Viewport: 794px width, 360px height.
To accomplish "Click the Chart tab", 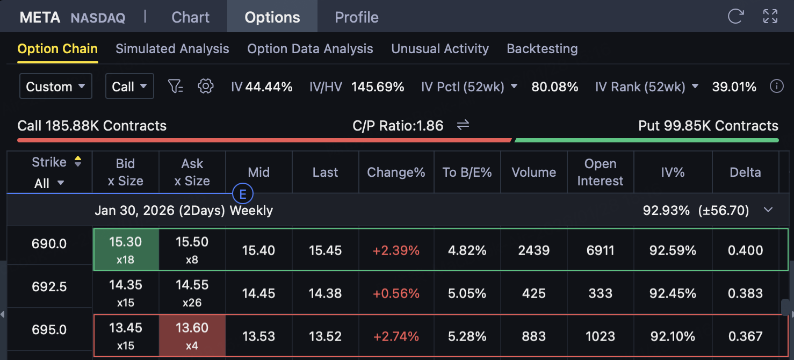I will [x=190, y=17].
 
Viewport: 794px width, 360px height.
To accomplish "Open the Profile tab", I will [x=356, y=17].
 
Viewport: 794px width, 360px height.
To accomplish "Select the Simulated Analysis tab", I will [x=172, y=49].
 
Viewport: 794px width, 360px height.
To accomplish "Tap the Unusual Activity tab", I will [x=439, y=49].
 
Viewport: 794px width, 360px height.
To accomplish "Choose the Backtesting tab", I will [x=542, y=49].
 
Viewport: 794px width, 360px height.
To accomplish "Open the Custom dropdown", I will [x=55, y=87].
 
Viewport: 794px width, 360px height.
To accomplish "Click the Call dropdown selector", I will [x=129, y=87].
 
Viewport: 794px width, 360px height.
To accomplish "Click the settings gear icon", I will [x=206, y=87].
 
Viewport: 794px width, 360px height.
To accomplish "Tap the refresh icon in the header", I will [x=735, y=17].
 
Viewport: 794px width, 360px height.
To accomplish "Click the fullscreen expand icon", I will [x=770, y=17].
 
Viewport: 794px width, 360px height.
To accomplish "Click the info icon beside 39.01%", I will [x=776, y=87].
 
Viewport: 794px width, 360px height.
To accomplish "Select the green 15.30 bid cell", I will [x=126, y=250].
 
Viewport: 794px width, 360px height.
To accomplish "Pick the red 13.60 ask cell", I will [x=192, y=336].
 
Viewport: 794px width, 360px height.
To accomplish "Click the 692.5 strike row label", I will [x=49, y=287].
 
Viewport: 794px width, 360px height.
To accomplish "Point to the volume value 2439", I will [x=533, y=250].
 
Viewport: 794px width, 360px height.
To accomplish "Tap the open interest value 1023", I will [x=600, y=336].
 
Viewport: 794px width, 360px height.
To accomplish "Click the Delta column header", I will [x=745, y=172].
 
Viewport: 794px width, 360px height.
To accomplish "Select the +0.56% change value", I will [x=396, y=293].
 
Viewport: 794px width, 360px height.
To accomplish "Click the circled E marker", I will [x=242, y=194].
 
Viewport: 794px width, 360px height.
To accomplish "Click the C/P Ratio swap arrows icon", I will [x=463, y=126].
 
